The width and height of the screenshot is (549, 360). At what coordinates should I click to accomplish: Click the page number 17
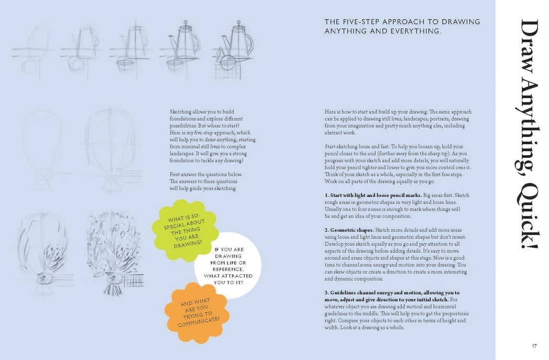click(x=534, y=345)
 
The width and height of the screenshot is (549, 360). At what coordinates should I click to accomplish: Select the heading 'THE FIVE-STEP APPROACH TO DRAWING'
click(x=402, y=22)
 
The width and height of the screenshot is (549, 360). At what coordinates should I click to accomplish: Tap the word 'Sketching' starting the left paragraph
click(x=180, y=112)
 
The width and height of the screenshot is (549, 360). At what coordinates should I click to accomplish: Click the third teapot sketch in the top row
click(x=131, y=50)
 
